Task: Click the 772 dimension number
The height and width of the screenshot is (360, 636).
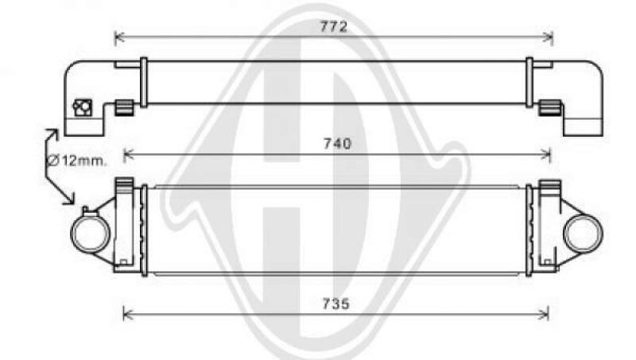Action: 334,26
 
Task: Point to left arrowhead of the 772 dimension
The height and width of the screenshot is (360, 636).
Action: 118,37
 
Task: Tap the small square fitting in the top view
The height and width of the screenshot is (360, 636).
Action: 83,107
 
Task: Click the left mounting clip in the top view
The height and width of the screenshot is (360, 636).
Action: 123,108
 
